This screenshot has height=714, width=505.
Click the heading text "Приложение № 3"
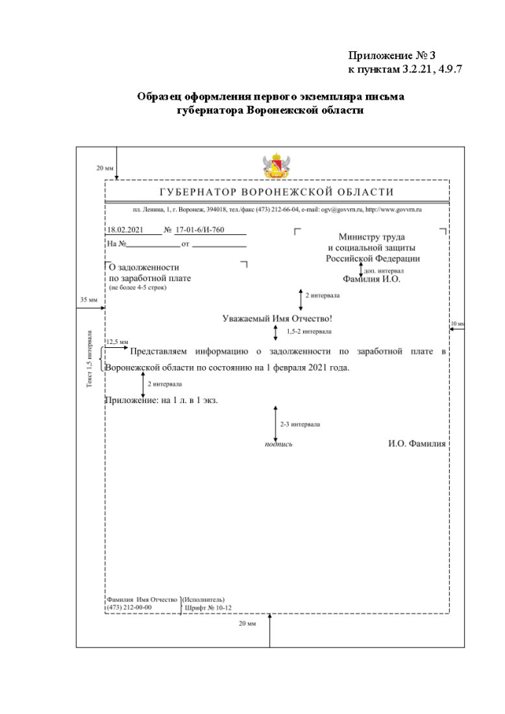392,56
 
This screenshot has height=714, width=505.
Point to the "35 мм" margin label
88,301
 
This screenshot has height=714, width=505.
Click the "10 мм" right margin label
457,324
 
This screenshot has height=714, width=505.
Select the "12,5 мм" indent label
117,342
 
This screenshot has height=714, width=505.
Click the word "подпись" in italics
279,444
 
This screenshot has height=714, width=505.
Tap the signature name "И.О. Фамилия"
417,443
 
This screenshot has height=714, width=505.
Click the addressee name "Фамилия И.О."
372,278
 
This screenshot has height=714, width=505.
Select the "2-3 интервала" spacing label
298,424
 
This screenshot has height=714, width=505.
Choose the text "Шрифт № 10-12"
208,607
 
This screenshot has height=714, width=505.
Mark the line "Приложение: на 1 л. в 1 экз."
161,400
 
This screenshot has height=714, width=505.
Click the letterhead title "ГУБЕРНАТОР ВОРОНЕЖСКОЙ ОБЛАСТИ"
276,193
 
